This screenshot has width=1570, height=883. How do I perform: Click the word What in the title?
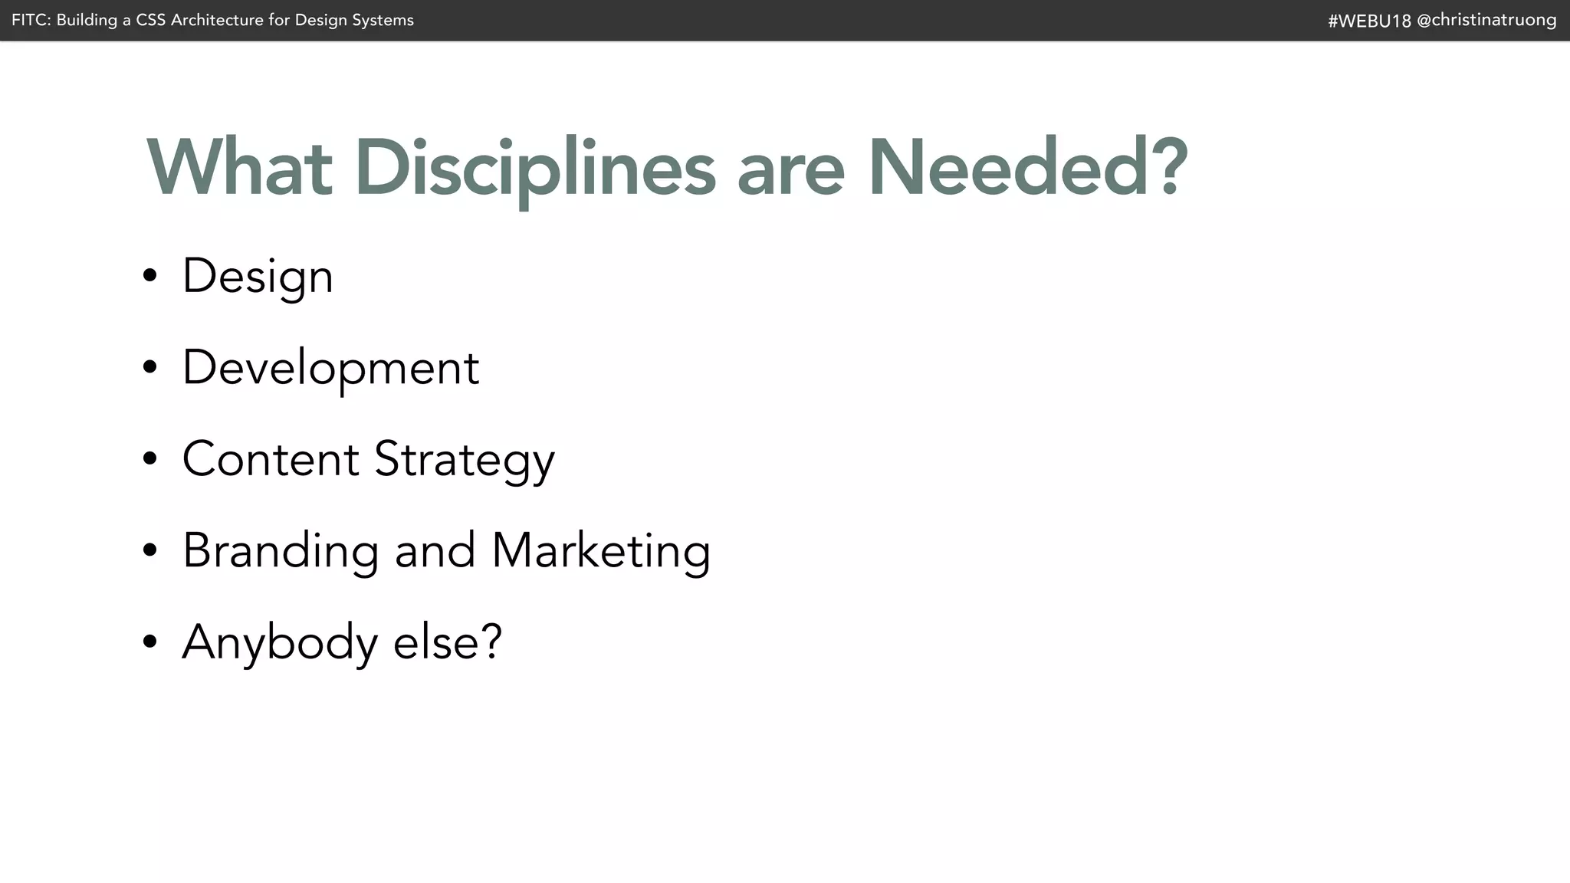[239, 168]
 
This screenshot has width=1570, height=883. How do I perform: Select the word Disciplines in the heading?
[534, 168]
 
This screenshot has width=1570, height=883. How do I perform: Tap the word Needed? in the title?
[1027, 168]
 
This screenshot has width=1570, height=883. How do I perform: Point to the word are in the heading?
[790, 173]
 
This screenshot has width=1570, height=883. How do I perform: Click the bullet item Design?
[258, 277]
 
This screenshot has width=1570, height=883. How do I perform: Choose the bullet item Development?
[330, 368]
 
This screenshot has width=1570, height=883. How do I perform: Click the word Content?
[271, 459]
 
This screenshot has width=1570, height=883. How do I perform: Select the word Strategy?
[464, 461]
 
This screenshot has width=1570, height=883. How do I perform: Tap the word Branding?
[281, 550]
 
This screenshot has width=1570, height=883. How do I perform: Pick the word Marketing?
[601, 550]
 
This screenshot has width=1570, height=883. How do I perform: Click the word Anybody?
[280, 642]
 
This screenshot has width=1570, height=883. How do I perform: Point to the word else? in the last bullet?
[448, 642]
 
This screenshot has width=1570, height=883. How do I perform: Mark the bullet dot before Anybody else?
[149, 642]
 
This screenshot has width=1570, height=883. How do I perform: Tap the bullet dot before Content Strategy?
[149, 459]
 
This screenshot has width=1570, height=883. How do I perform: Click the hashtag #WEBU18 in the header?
[1369, 21]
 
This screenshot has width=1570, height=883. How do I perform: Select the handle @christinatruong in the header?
[1486, 20]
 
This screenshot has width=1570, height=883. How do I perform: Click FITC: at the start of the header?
[31, 20]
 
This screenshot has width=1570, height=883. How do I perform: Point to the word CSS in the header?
[151, 20]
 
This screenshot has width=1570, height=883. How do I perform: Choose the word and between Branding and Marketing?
[435, 550]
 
